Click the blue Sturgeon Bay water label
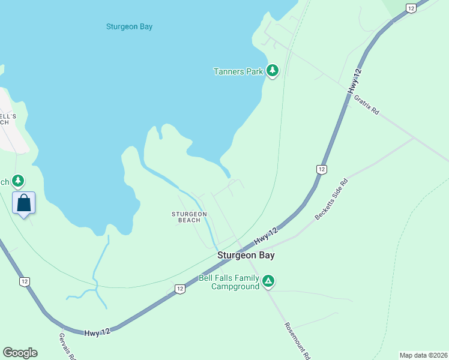click(x=129, y=26)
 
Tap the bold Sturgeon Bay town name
click(x=246, y=255)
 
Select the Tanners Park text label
click(x=238, y=71)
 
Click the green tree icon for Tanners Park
click(x=273, y=71)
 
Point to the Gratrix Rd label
click(x=367, y=104)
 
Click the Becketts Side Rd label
click(x=331, y=199)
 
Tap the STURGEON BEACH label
click(x=189, y=217)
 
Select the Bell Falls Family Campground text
click(x=229, y=282)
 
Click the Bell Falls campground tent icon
click(x=269, y=280)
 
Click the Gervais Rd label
click(x=68, y=347)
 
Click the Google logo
click(x=20, y=353)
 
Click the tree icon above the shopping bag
click(x=19, y=180)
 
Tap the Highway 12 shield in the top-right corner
click(x=411, y=8)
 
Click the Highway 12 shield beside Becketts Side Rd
click(x=322, y=170)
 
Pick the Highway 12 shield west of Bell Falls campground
click(x=179, y=289)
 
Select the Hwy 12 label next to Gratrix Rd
click(x=356, y=80)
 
